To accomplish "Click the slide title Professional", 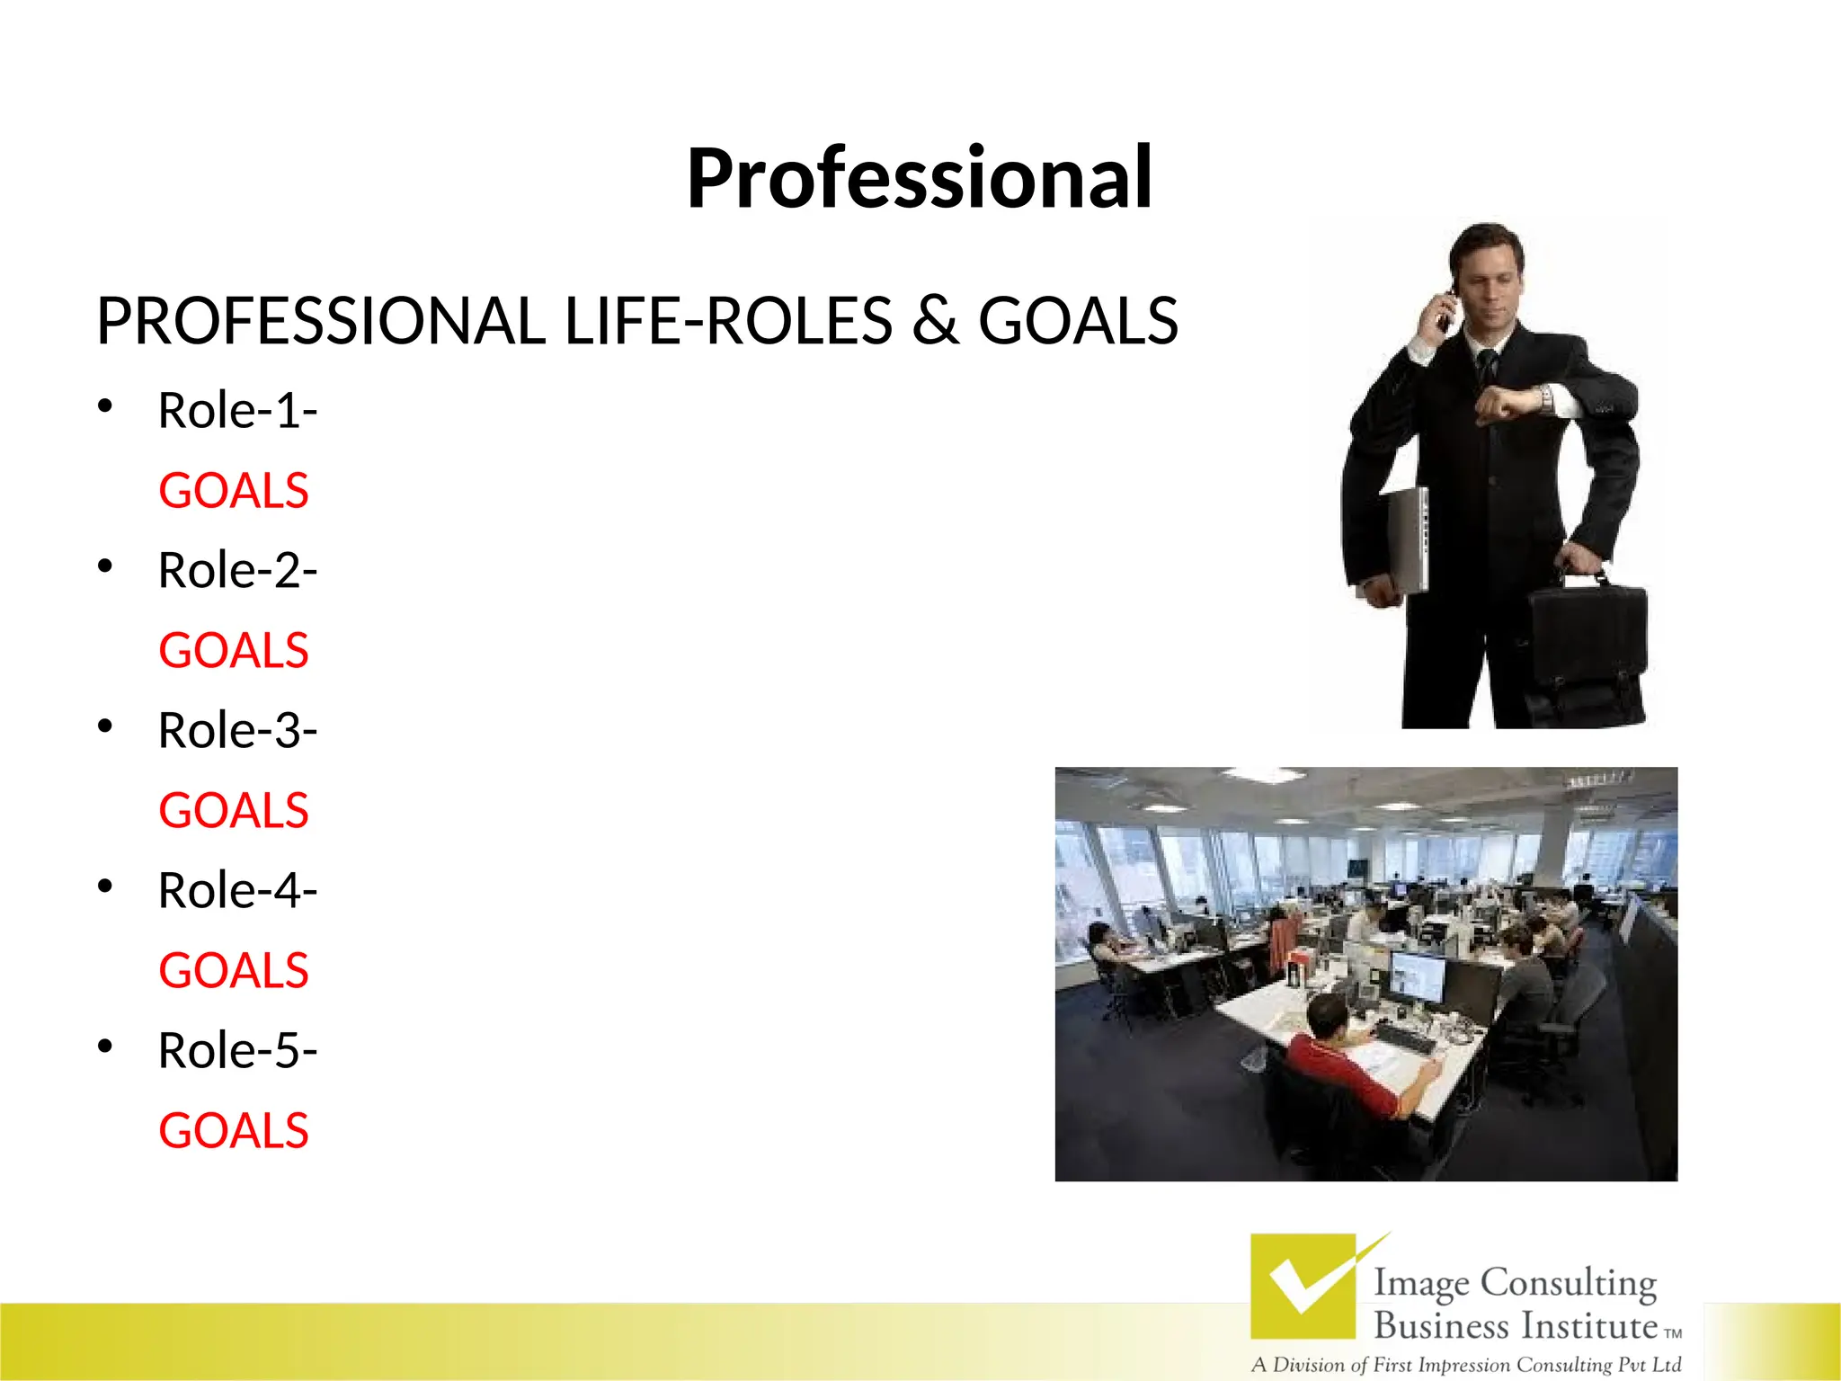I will click(x=919, y=178).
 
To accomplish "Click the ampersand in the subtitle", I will click(x=935, y=321).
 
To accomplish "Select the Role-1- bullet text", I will click(x=237, y=411).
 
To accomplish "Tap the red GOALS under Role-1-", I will click(x=234, y=491).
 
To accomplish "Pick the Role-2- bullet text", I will click(x=237, y=571).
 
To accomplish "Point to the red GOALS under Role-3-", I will click(x=234, y=811).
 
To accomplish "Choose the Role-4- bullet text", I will click(x=237, y=891).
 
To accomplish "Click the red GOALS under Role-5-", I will click(x=234, y=1131).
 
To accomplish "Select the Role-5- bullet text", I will click(x=237, y=1051).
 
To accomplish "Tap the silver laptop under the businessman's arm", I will click(x=1408, y=539).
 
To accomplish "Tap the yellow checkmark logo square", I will click(x=1303, y=1286).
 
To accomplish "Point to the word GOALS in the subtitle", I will click(x=1078, y=321).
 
